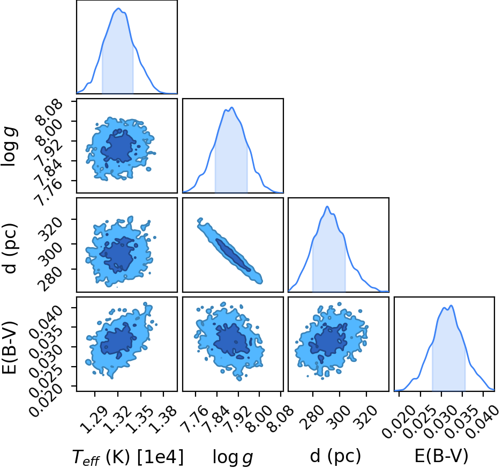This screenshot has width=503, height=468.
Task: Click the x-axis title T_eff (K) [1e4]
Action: coord(128,457)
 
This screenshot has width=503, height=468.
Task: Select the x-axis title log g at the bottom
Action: coord(233,457)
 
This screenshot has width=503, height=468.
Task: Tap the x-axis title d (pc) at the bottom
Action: coord(335,456)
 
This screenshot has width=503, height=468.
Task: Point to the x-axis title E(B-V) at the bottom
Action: coord(441,456)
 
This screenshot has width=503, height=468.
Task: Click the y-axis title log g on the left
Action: coord(9,146)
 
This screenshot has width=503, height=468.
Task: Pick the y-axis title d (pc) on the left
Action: coord(10,248)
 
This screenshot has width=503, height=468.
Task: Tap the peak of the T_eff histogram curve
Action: coord(118,9)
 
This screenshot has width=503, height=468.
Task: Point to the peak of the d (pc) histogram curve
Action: coord(327,206)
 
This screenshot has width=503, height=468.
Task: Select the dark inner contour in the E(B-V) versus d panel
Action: coord(328,341)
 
